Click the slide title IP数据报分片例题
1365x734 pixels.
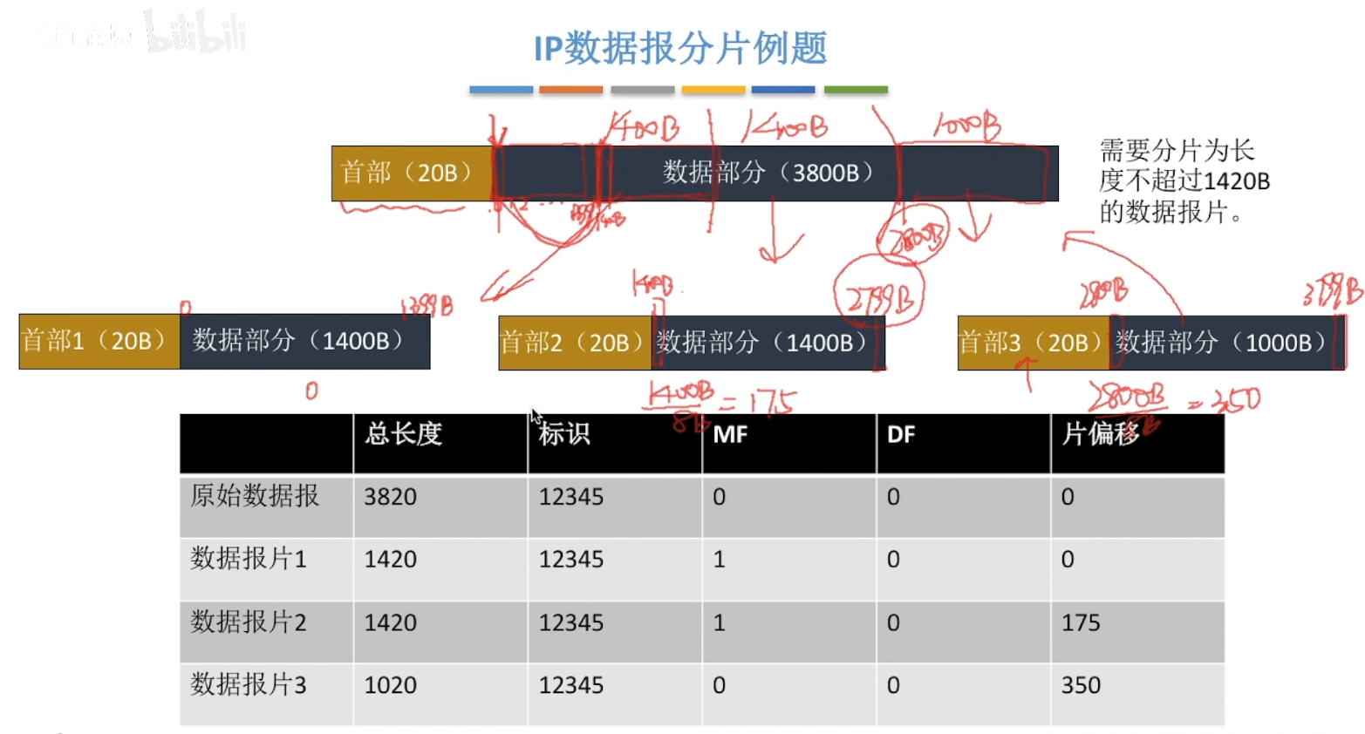point(680,48)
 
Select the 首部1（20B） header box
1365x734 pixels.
point(99,341)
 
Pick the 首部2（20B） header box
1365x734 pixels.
point(575,343)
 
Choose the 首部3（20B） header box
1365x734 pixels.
point(1033,343)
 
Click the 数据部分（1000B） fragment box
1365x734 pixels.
point(1225,343)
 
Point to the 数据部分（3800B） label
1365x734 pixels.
point(768,173)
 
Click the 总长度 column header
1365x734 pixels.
point(404,434)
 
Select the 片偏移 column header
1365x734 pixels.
point(1101,434)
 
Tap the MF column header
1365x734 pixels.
point(731,435)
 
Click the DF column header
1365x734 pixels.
point(901,435)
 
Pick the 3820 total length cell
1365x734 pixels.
point(391,497)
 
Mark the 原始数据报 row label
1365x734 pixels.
point(255,496)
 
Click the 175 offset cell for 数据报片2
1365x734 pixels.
point(1081,622)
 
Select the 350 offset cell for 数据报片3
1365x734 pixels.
point(1081,685)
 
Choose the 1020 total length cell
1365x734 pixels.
point(391,685)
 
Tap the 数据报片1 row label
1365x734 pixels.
point(249,559)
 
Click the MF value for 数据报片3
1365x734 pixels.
point(720,685)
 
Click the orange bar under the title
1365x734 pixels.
point(570,90)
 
